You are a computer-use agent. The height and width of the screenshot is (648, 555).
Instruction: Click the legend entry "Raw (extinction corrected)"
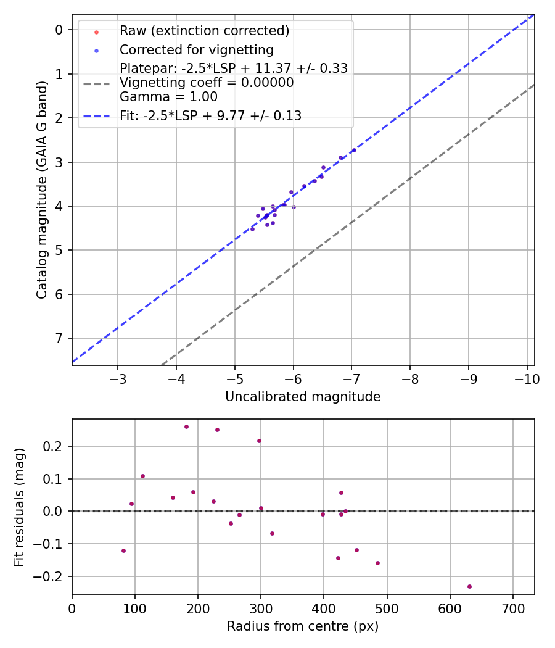(204, 30)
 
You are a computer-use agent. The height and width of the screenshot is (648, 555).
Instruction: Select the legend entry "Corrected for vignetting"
(196, 49)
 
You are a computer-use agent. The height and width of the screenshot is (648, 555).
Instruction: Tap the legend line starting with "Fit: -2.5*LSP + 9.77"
(210, 115)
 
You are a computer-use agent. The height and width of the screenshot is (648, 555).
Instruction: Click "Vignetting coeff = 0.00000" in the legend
(207, 83)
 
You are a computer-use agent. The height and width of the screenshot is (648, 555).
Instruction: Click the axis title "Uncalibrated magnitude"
(303, 397)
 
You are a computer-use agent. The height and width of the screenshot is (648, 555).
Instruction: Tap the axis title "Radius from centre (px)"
(303, 626)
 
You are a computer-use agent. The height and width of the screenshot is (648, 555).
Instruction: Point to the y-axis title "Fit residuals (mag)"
(20, 507)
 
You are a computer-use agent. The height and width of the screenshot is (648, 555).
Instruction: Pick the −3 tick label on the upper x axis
(118, 378)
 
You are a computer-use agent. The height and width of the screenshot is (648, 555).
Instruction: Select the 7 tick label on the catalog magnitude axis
(59, 338)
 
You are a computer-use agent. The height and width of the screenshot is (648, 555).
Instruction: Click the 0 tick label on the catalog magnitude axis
(59, 30)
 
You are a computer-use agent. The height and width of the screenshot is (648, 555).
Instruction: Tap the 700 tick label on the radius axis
(512, 608)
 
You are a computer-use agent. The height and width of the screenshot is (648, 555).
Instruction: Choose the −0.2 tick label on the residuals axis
(52, 576)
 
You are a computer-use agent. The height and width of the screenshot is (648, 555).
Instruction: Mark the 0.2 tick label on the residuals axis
(55, 446)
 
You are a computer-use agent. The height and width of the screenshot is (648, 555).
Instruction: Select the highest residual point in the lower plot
(186, 426)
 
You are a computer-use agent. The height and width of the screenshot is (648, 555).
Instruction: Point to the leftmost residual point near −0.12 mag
(123, 550)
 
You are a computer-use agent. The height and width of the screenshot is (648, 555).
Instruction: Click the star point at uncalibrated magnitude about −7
(354, 150)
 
